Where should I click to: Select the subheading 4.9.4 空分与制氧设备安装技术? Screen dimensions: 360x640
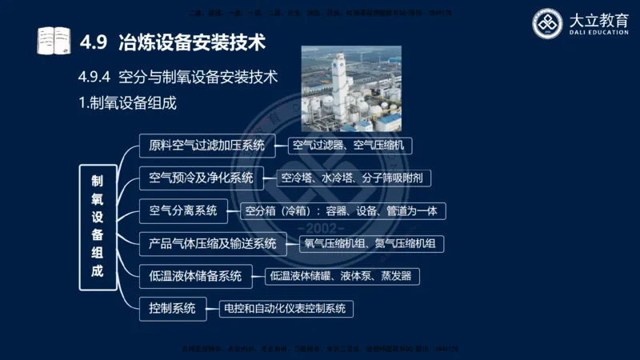point(178,78)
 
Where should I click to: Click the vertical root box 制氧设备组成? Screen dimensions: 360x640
point(97,226)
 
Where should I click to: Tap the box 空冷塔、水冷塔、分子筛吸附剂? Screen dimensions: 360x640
point(354,178)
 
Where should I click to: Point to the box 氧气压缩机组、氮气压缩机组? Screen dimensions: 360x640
point(372,243)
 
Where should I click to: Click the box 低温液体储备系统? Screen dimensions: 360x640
point(195,276)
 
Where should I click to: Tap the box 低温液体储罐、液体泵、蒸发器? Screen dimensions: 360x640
point(342,276)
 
